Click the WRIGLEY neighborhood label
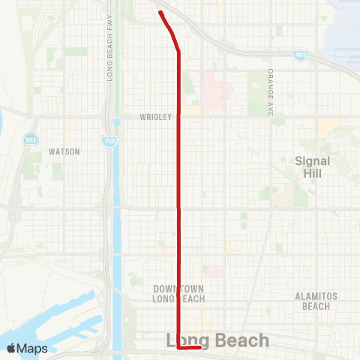coord(156,117)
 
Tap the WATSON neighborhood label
coord(64,151)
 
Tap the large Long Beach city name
coord(217,341)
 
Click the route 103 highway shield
coord(31,139)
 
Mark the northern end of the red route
coord(160,12)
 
